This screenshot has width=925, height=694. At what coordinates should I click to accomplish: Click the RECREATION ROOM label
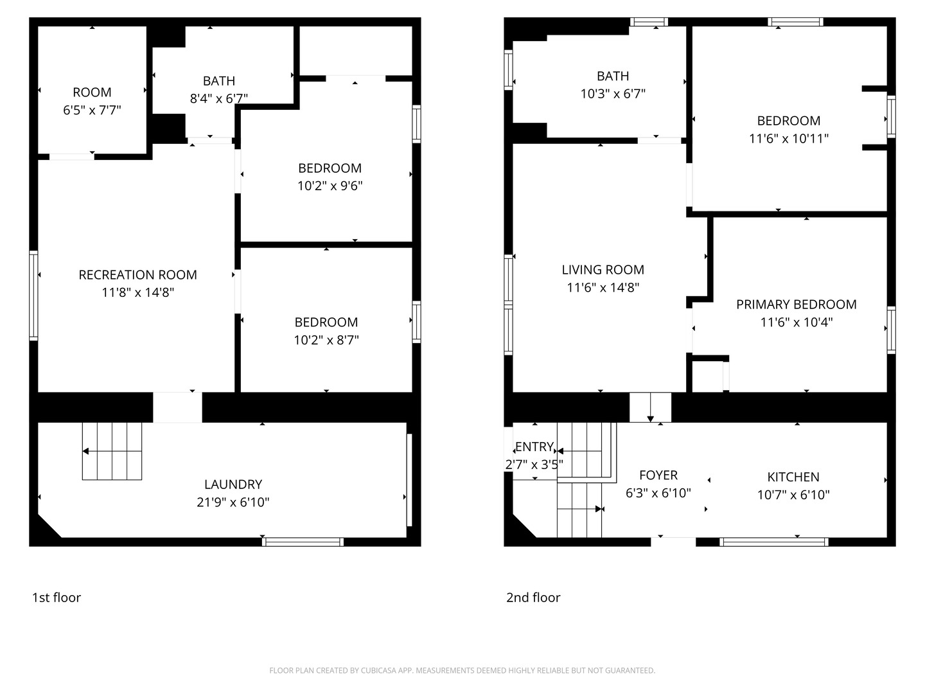(137, 275)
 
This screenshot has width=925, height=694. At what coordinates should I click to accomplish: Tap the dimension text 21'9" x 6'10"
(233, 503)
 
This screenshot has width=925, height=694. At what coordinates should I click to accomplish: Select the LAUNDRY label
(233, 485)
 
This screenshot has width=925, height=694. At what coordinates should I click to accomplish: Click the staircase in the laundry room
(112, 451)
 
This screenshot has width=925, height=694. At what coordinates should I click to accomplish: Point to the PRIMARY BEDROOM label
(796, 305)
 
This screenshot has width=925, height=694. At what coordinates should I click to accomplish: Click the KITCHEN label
(793, 477)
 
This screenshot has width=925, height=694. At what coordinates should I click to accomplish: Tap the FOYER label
(658, 475)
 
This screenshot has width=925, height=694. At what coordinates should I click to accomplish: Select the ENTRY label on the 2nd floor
(534, 447)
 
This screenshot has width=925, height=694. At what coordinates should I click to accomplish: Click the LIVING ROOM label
(603, 270)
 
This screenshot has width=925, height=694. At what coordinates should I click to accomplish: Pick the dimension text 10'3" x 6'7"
(612, 94)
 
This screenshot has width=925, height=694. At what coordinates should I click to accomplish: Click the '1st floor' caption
(57, 598)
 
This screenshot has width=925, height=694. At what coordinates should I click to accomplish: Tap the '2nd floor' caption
(533, 598)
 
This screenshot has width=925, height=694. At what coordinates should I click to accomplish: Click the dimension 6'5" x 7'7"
(92, 110)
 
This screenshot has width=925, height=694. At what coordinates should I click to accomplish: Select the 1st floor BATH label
(218, 81)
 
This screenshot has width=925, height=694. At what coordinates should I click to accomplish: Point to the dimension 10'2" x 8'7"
(326, 340)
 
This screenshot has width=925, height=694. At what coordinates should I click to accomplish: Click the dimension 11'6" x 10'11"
(788, 138)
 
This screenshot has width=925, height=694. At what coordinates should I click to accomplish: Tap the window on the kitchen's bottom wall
(773, 542)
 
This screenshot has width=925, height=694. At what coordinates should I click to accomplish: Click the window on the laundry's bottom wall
(303, 542)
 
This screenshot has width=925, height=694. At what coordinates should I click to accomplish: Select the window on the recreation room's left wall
(33, 295)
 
